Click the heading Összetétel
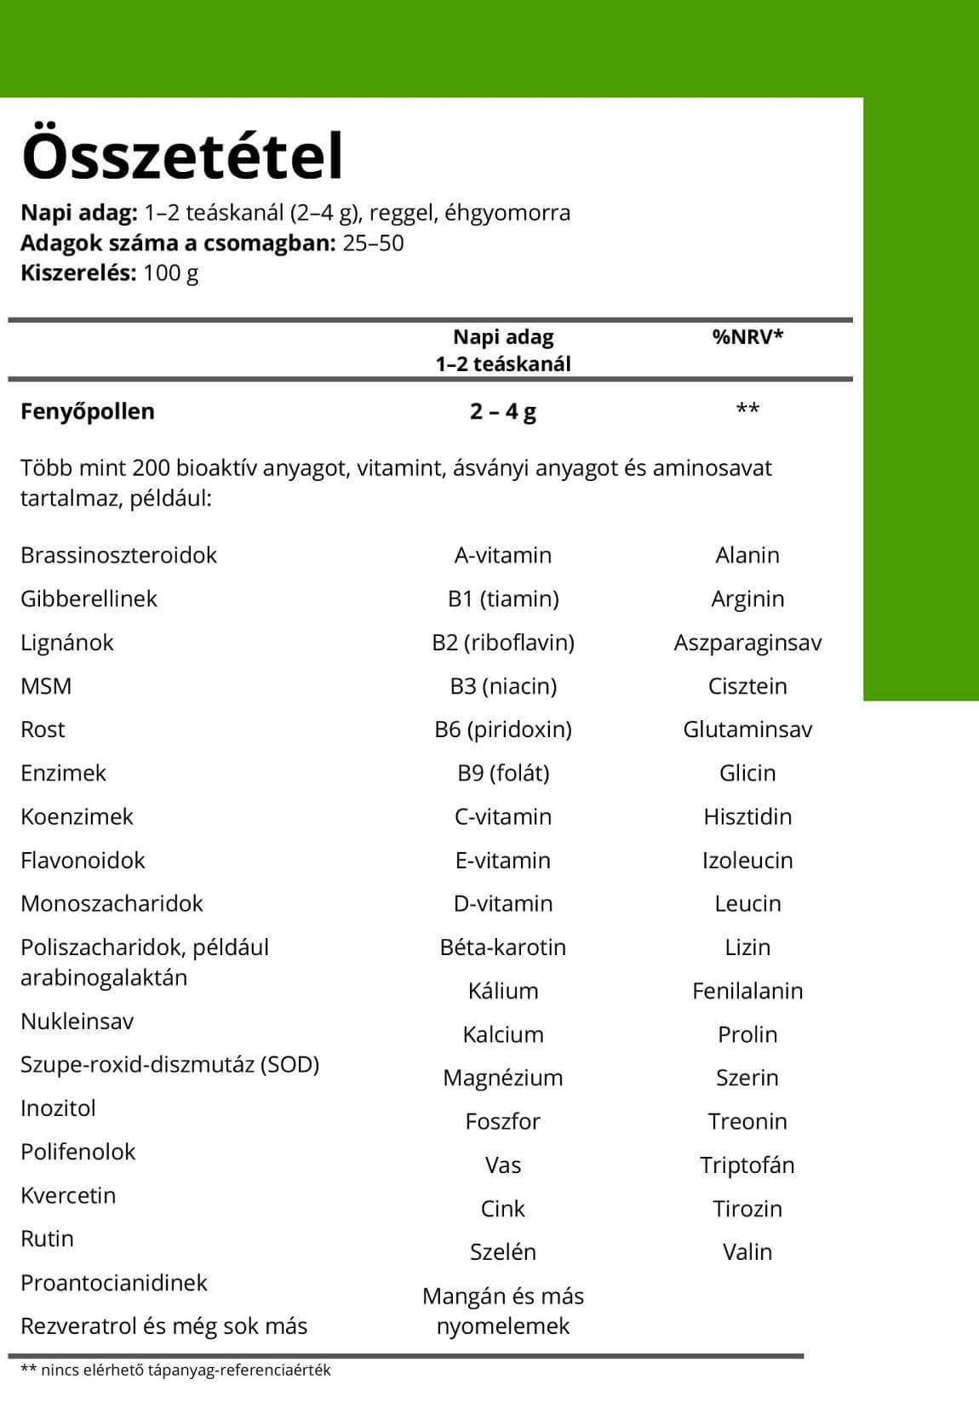tap(182, 155)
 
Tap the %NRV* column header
tap(747, 336)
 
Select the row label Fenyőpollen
tap(88, 411)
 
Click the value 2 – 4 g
tap(502, 412)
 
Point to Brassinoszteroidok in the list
tap(118, 555)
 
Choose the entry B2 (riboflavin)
tap(503, 643)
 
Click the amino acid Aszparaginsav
tap(747, 643)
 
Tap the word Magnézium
tap(503, 1078)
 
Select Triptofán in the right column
tap(747, 1165)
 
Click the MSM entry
tap(46, 686)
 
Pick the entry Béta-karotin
tap(503, 947)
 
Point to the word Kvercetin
tap(68, 1195)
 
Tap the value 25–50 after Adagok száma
tap(373, 243)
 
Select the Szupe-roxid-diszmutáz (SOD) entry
tap(169, 1064)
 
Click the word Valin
tap(747, 1252)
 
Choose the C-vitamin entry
tap(503, 816)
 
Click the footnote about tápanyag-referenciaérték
tap(175, 1371)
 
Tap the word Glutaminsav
tap(747, 730)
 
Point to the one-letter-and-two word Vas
tap(503, 1165)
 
